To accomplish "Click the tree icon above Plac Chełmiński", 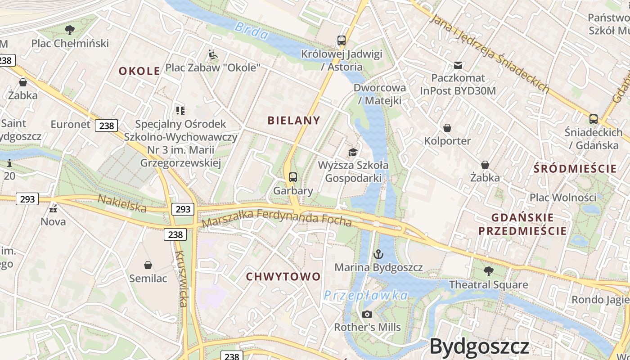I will (x=69, y=30).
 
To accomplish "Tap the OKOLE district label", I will (x=139, y=71).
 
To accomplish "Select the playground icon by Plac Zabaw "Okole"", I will (x=213, y=55).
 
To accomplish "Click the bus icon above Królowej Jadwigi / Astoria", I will (x=342, y=40).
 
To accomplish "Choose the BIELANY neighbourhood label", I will (x=294, y=120).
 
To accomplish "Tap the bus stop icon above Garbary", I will (x=293, y=177).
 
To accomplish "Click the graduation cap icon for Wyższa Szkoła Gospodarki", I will (x=353, y=152).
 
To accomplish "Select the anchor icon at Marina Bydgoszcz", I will (x=378, y=254).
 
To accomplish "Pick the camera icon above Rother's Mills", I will (x=367, y=314).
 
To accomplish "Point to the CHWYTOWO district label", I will (x=283, y=276).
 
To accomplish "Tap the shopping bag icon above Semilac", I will (x=148, y=265).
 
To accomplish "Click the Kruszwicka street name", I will (x=181, y=279).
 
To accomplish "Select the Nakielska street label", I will (x=122, y=203).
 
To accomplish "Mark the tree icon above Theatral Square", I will (x=489, y=271).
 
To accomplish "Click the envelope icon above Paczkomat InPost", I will (x=458, y=65).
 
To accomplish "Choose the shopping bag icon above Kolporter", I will (x=447, y=128).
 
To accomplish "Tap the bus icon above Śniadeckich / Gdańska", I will (x=594, y=119).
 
